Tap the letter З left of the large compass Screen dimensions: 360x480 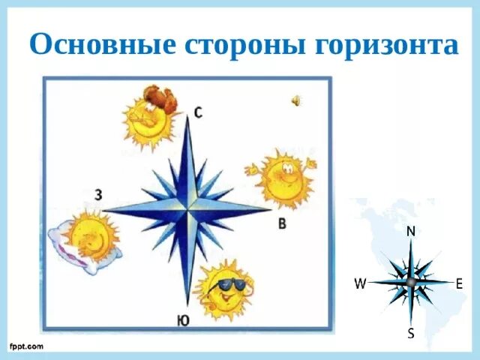coord(98,195)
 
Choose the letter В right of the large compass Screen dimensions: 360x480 coord(281,223)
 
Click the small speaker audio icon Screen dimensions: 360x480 coord(296,101)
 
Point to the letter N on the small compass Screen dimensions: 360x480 coord(411,232)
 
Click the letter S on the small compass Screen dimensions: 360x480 coord(411,333)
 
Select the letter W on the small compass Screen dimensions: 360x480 coord(360,283)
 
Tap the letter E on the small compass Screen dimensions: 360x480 coord(459,283)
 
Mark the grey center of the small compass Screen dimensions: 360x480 coord(410,282)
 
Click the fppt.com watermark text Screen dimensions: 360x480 coord(26,346)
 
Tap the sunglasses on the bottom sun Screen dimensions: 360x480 coord(230,284)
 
